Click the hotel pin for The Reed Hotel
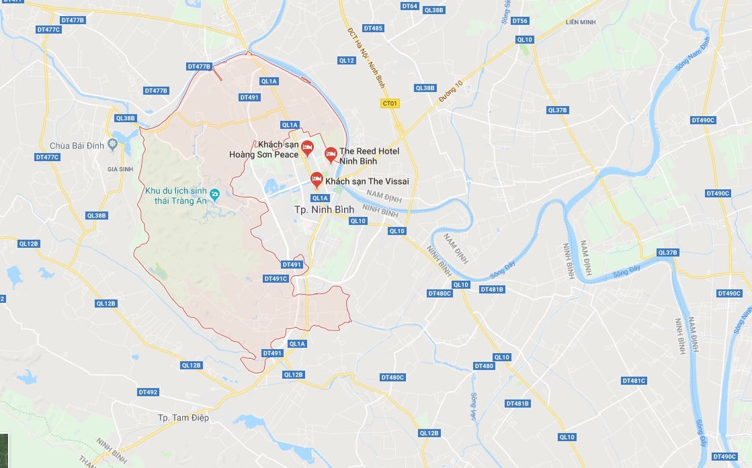tap(331, 154)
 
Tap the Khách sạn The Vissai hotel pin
tap(317, 179)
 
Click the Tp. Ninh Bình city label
tap(324, 209)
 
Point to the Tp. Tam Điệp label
tap(183, 418)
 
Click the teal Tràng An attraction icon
tap(214, 195)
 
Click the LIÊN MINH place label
tap(581, 22)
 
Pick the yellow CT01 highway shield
tap(390, 103)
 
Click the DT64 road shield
tap(409, 6)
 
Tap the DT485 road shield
tap(373, 28)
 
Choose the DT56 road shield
tap(519, 21)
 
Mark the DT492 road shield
tap(148, 391)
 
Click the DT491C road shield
tap(276, 279)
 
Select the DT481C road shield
tap(634, 381)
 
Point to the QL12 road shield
tap(346, 60)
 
